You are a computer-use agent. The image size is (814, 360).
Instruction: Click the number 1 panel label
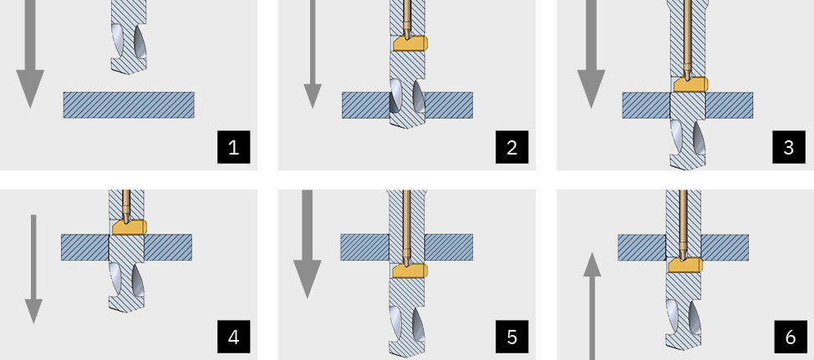[x=234, y=147]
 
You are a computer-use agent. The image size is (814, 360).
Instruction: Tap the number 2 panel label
[x=511, y=147]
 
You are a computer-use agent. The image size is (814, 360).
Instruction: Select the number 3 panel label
[x=789, y=147]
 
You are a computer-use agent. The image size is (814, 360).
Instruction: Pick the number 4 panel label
[x=234, y=337]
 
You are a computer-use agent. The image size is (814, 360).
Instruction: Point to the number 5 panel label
[x=511, y=337]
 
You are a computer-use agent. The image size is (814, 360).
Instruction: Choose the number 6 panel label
[x=790, y=337]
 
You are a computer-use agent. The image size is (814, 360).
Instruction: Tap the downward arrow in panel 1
[x=29, y=54]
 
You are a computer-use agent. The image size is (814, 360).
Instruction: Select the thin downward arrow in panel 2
[x=312, y=54]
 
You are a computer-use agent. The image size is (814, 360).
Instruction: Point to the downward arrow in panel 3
[x=591, y=54]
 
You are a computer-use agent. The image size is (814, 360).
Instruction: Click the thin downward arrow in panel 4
[x=33, y=269]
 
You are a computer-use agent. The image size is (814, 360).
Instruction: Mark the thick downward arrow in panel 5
[x=308, y=244]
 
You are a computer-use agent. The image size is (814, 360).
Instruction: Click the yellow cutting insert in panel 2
[x=410, y=43]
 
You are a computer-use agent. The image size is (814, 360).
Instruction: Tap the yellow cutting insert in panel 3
[x=690, y=84]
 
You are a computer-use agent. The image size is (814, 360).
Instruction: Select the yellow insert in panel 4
[x=130, y=226]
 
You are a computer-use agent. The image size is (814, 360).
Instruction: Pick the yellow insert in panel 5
[x=410, y=271]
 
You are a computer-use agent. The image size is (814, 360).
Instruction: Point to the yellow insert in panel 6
[x=685, y=265]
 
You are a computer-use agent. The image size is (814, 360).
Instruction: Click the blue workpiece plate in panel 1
[x=129, y=104]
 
